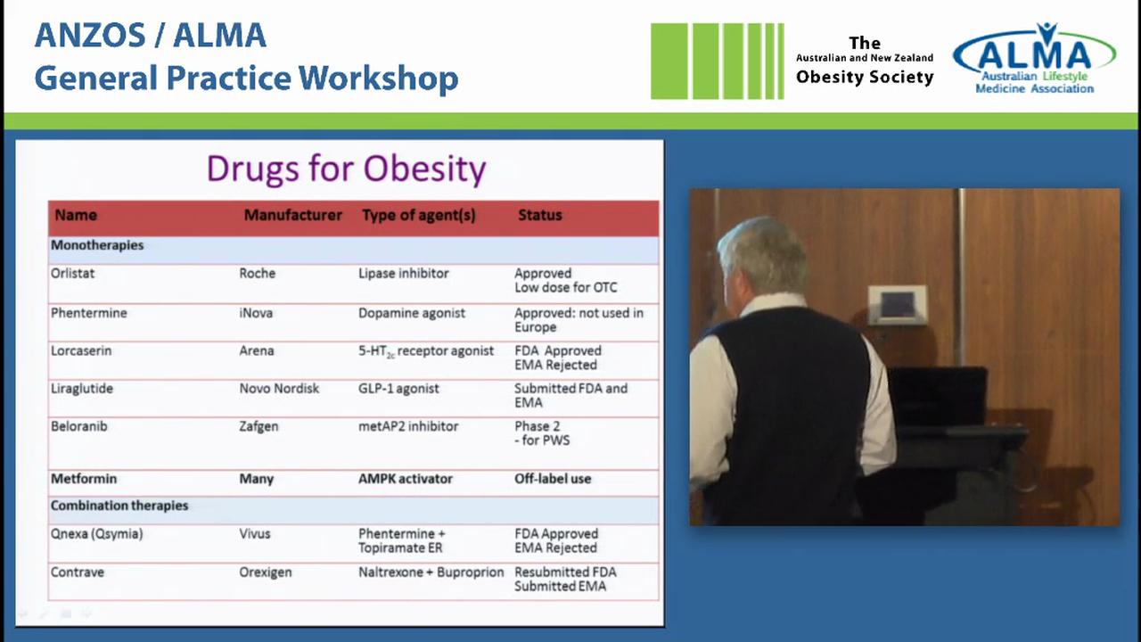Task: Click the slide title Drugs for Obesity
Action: (346, 169)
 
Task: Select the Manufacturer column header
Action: (292, 215)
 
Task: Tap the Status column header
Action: (539, 215)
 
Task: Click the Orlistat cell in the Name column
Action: (72, 274)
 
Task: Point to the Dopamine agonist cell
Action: (412, 313)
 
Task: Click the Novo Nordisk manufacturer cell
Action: (279, 389)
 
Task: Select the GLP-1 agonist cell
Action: (398, 389)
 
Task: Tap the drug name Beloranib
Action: (78, 426)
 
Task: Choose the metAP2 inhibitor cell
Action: (408, 426)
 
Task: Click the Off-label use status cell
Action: (553, 479)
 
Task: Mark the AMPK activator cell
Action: (406, 479)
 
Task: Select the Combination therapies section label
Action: (119, 506)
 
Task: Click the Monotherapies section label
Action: (97, 245)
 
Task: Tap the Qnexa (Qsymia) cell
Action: (96, 534)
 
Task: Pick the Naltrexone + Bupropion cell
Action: (431, 572)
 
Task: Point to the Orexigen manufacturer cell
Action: (266, 572)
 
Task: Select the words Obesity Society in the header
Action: (865, 77)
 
